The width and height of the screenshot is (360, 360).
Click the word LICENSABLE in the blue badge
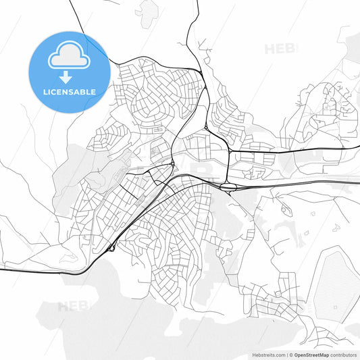(70, 91)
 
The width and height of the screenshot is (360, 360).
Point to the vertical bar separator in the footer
(286, 354)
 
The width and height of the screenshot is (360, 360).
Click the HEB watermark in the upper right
(280, 49)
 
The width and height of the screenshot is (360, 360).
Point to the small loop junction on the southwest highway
(110, 248)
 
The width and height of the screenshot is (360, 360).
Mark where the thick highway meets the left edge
(1, 269)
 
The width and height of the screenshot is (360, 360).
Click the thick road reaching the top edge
(197, 2)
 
